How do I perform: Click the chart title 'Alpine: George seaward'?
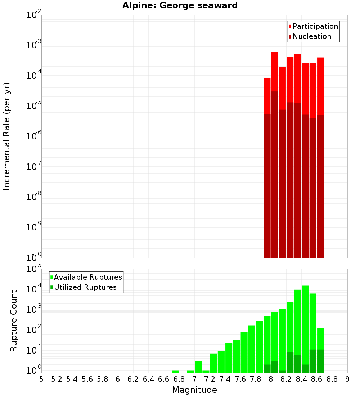pos(180,5)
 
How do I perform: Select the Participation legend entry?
pos(313,26)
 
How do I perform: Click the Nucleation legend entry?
pos(310,36)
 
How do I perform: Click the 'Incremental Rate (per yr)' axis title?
pos(6,136)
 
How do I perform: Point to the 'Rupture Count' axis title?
pos(14,321)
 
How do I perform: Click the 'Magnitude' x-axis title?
pos(194,390)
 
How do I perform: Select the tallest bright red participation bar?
pos(275,72)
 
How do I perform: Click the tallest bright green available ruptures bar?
pos(305,324)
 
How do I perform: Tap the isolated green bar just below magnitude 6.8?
pos(175,372)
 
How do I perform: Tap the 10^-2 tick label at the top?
pos(34,15)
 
